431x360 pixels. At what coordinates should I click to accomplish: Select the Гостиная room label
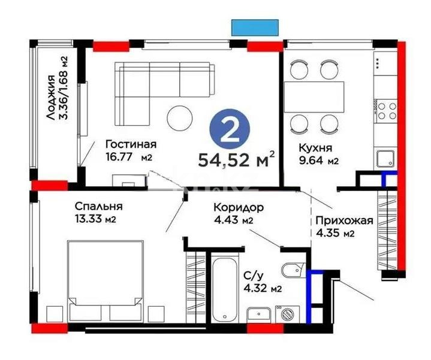pos(130,144)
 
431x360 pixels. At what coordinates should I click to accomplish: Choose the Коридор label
pos(239,207)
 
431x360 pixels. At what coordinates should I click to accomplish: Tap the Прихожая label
pos(344,220)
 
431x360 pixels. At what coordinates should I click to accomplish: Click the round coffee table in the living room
pos(180,117)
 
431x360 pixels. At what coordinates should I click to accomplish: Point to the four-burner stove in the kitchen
pos(385,112)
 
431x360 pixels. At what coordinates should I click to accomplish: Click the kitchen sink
pos(384,158)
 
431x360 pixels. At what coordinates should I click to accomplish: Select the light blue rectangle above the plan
pos(255,27)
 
